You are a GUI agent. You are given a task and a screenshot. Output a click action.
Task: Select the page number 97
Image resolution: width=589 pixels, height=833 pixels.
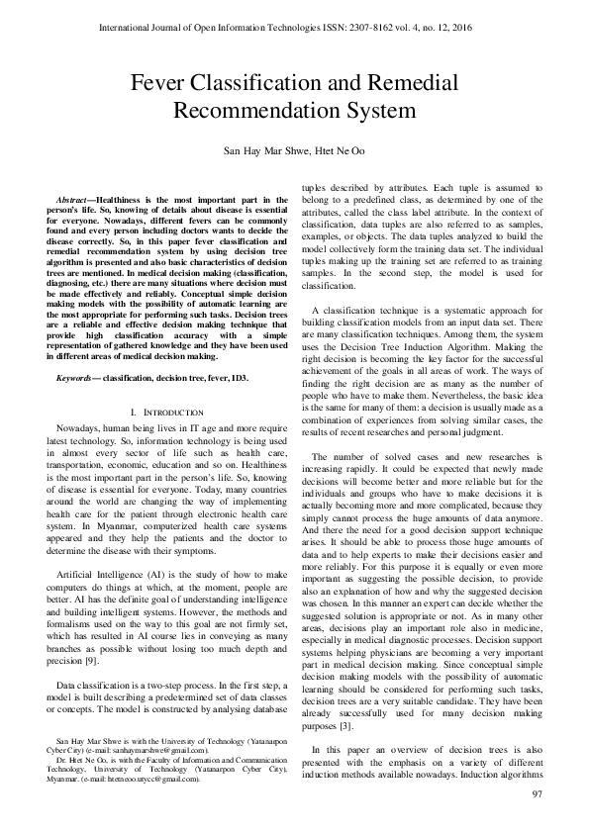tap(538, 794)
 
